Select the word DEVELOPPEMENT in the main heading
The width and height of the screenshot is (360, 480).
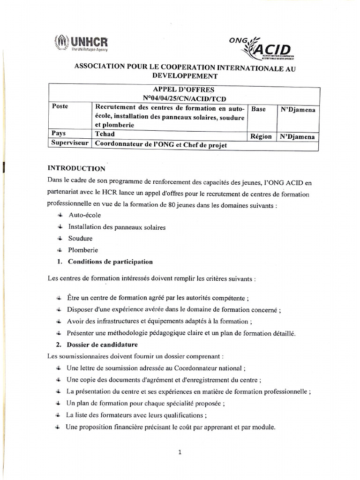tap(185, 75)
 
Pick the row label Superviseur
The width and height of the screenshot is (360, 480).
tap(69, 144)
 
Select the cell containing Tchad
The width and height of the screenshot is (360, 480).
tap(105, 134)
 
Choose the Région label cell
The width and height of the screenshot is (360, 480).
tap(261, 136)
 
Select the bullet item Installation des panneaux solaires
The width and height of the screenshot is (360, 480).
tap(116, 227)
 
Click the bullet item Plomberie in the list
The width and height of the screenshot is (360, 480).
tap(83, 250)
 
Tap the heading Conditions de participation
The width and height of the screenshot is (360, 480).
tap(110, 262)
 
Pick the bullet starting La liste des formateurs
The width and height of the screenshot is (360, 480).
tap(136, 415)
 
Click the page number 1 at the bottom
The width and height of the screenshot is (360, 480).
tap(180, 452)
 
